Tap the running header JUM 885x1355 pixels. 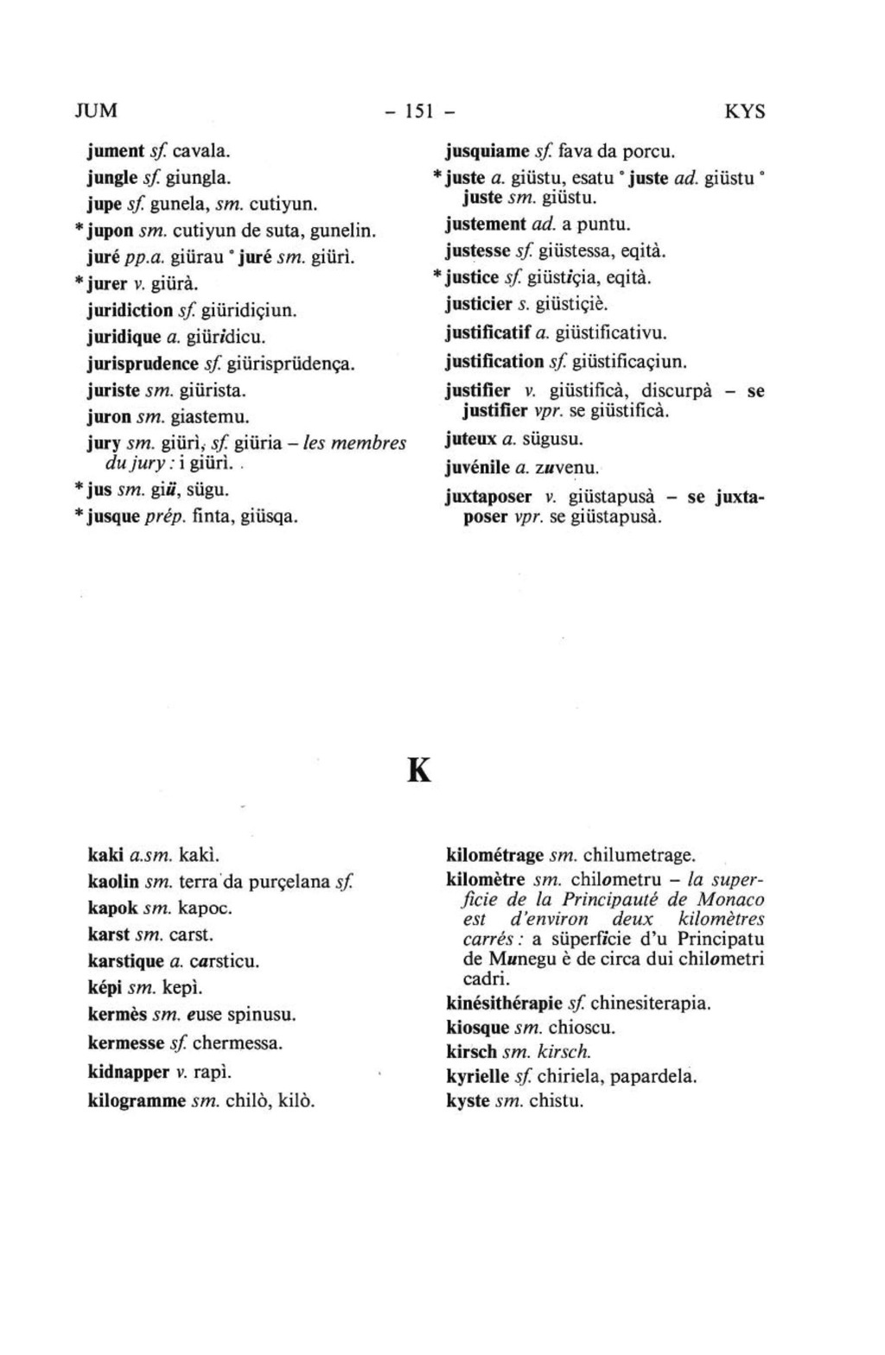tap(95, 111)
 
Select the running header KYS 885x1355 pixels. tap(744, 112)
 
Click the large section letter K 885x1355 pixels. tap(418, 769)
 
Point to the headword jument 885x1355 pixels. tap(116, 151)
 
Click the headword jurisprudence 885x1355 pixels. tap(143, 364)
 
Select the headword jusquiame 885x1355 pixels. tap(487, 152)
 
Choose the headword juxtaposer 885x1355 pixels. tap(488, 499)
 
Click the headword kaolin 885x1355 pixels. tap(113, 882)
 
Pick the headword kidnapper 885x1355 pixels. tap(129, 1073)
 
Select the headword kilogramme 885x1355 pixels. tap(137, 1101)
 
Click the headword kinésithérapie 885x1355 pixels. tap(505, 1004)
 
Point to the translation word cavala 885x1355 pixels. tap(201, 151)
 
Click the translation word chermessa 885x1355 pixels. tap(238, 1043)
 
